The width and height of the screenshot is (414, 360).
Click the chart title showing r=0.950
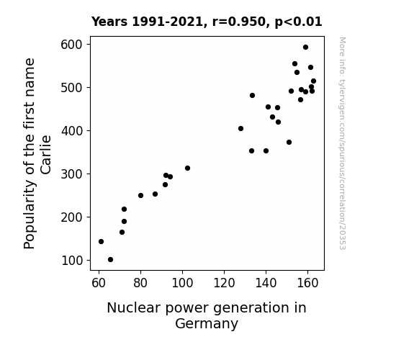207,22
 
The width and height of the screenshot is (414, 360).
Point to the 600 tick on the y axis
89,44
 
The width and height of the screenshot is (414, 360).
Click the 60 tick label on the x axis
99,283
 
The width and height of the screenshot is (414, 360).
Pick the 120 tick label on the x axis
224,283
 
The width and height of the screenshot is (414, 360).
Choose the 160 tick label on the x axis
307,283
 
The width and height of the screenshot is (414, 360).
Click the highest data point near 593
305,48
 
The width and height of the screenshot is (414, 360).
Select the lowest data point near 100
111,260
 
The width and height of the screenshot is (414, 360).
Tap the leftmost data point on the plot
101,241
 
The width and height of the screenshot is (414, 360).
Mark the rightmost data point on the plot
313,81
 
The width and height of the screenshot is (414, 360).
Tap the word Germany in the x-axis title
207,324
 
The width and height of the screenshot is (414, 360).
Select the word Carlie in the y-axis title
45,155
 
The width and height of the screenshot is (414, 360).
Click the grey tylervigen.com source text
342,143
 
